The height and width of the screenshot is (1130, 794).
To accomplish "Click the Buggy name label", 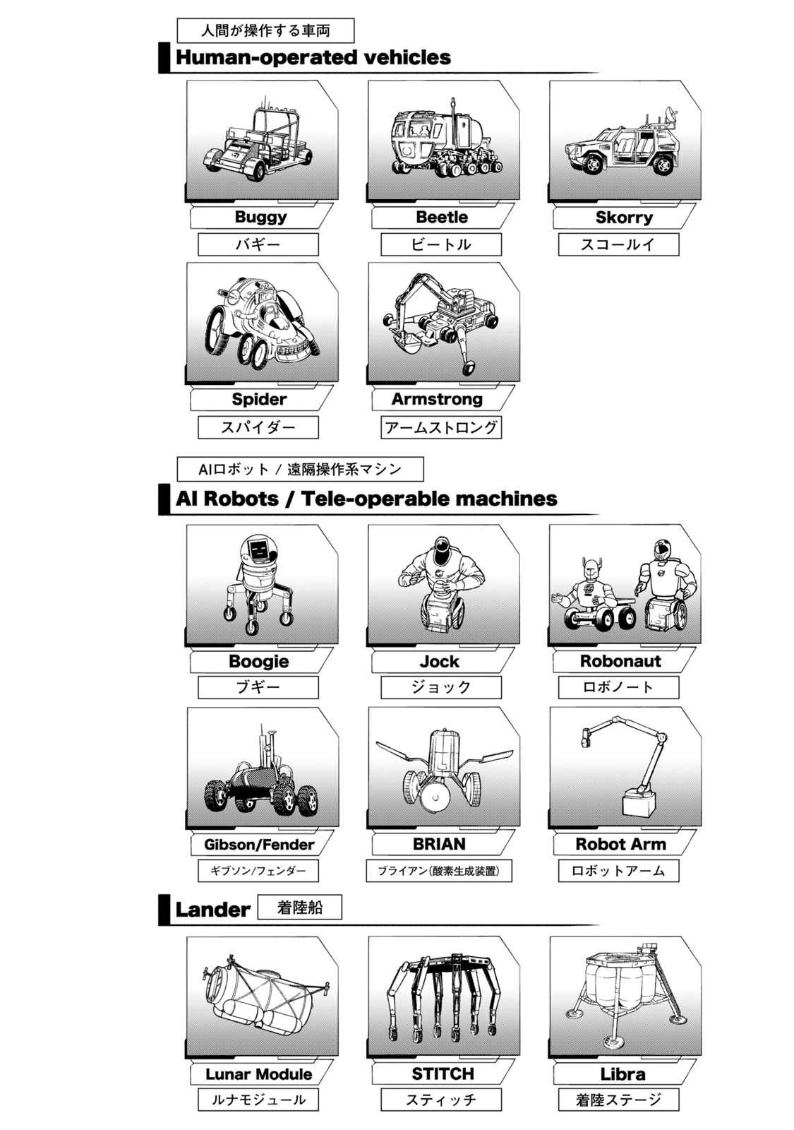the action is coord(260,217).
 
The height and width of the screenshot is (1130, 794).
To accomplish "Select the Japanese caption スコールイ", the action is coord(618,244).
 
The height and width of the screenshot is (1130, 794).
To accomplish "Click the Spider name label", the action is coord(258,399).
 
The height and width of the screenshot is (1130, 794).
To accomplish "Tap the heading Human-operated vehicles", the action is coord(313,57).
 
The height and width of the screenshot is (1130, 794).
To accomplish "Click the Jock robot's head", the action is coord(442,547).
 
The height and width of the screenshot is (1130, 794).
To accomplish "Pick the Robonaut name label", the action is coord(620,661).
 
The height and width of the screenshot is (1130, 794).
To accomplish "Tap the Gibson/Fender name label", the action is coord(258,844).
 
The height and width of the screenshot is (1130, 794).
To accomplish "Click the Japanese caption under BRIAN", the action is coord(438,871).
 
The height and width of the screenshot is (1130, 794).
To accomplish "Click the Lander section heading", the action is coord(212,910).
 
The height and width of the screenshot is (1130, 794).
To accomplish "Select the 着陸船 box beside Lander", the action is coord(299,908).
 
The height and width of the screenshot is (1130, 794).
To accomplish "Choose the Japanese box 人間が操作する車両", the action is coord(265,31).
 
